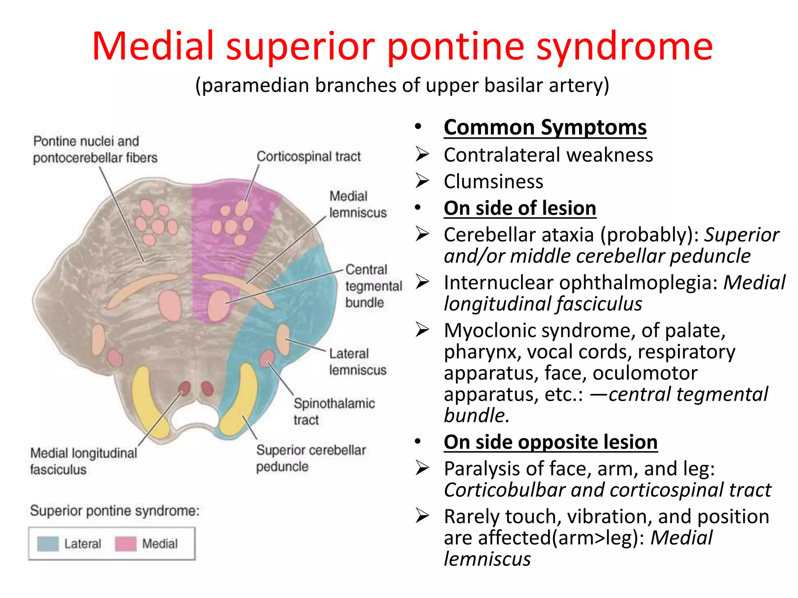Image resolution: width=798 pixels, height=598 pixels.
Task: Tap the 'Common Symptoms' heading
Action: click(x=545, y=128)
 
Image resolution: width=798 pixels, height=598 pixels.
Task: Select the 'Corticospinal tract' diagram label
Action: click(x=308, y=157)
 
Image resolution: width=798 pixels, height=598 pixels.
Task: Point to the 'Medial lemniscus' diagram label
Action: click(x=358, y=204)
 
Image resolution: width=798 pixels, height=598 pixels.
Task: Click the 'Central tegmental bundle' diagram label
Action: click(x=373, y=286)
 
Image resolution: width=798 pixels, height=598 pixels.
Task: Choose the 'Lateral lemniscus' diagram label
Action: click(x=357, y=361)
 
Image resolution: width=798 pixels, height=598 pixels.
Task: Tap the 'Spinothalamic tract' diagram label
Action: click(x=334, y=411)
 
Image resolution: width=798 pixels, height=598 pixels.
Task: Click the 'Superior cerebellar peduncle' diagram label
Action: click(x=311, y=458)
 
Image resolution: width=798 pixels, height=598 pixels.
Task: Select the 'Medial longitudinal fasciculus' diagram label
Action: click(x=83, y=461)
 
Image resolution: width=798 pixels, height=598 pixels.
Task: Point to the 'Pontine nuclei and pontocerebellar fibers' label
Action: click(x=95, y=149)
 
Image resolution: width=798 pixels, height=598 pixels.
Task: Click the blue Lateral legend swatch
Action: click(x=48, y=543)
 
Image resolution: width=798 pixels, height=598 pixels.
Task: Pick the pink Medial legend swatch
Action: click(x=125, y=543)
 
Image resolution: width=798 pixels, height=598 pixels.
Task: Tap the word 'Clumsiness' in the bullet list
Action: click(x=493, y=182)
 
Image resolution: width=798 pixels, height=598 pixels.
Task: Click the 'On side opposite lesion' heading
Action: click(x=550, y=442)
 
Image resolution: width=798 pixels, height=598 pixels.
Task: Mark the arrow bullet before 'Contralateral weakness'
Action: click(x=422, y=155)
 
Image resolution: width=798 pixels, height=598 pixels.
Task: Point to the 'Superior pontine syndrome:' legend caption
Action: click(x=115, y=510)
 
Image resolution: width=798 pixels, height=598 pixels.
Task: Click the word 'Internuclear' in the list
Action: click(x=498, y=283)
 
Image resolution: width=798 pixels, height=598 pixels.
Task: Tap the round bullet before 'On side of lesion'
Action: click(x=418, y=208)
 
